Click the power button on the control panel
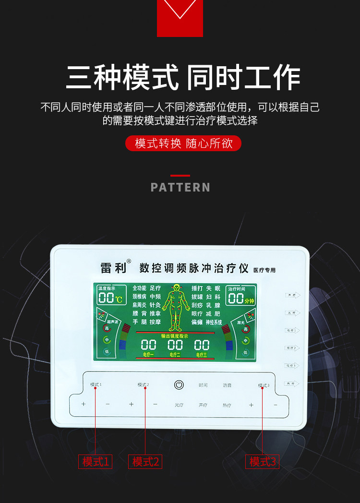click(x=179, y=384)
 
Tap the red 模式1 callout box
click(x=96, y=462)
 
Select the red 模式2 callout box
click(x=145, y=462)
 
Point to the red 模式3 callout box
click(x=263, y=462)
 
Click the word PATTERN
click(x=180, y=187)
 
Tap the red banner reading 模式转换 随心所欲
click(x=183, y=144)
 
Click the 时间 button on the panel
click(x=203, y=385)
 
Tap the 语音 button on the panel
click(x=227, y=385)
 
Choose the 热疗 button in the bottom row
click(x=227, y=405)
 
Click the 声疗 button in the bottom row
click(x=203, y=405)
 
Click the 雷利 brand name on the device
click(x=113, y=268)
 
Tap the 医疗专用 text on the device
click(x=264, y=270)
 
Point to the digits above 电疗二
click(x=175, y=344)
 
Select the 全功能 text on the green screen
click(x=139, y=288)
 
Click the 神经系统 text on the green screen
click(x=214, y=322)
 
